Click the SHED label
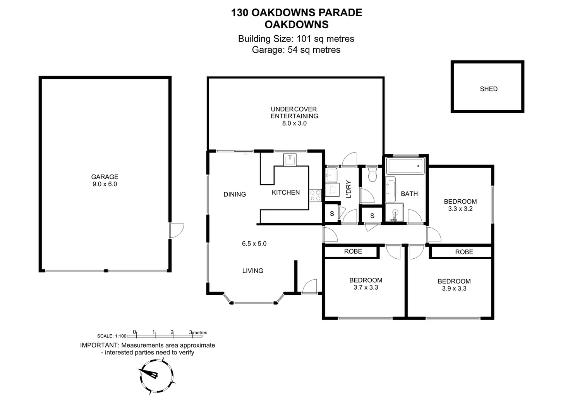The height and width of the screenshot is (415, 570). [489, 89]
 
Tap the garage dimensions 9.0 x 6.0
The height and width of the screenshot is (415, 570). [105, 184]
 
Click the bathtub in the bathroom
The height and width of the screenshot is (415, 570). [405, 166]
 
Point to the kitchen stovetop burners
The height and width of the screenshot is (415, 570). [315, 195]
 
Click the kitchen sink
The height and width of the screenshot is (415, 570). [290, 160]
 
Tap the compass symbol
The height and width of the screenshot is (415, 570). [156, 376]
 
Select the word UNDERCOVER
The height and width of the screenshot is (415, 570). [294, 109]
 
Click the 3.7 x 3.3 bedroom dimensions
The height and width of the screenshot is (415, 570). [366, 287]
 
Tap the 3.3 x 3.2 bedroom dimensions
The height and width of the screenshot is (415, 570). [460, 209]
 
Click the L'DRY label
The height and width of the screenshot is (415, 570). [349, 189]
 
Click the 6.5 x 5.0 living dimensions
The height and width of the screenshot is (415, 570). [254, 244]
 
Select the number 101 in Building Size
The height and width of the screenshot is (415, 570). [304, 39]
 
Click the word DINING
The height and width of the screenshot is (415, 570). [235, 194]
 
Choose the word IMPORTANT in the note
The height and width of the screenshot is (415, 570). [100, 345]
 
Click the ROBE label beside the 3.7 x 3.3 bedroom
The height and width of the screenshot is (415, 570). [353, 251]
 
